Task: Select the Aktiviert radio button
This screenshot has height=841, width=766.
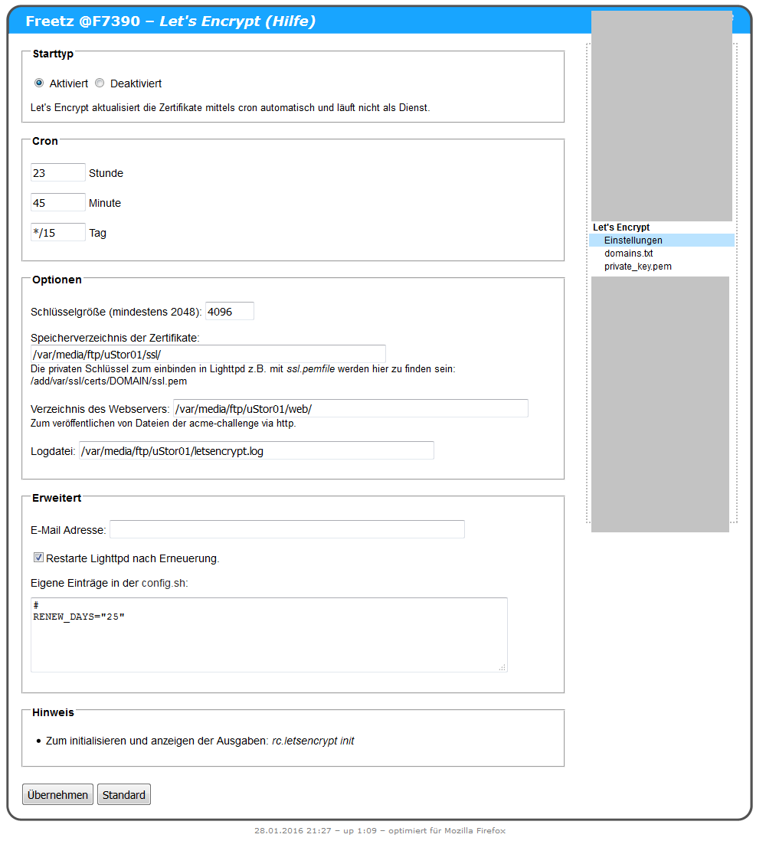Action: pyautogui.click(x=39, y=83)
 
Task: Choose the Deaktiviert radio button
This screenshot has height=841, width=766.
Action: pyautogui.click(x=100, y=83)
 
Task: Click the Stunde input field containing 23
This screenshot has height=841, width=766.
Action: pyautogui.click(x=57, y=172)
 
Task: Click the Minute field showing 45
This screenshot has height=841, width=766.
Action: pyautogui.click(x=57, y=202)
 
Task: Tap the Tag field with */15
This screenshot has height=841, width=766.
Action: pyautogui.click(x=57, y=232)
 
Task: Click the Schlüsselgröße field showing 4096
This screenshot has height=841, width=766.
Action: pyautogui.click(x=229, y=311)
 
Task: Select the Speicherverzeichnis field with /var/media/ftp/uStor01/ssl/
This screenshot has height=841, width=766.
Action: pyautogui.click(x=208, y=354)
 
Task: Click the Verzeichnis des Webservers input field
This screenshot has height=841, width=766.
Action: pyautogui.click(x=350, y=408)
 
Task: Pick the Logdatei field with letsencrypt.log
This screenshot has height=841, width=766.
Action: pyautogui.click(x=256, y=450)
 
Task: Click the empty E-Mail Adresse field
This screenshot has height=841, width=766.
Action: pyautogui.click(x=286, y=529)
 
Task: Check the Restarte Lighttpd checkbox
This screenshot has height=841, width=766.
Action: pyautogui.click(x=38, y=558)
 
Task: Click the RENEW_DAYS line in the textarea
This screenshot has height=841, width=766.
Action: pyautogui.click(x=79, y=617)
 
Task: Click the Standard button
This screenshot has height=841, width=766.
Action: pyautogui.click(x=124, y=795)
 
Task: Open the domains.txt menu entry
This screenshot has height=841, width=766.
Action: pyautogui.click(x=628, y=254)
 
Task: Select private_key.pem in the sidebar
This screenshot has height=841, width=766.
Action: pyautogui.click(x=637, y=267)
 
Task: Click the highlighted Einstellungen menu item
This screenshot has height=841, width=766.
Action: pyautogui.click(x=633, y=241)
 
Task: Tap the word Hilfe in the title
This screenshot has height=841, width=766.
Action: pyautogui.click(x=290, y=21)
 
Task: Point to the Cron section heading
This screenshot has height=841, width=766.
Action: pyautogui.click(x=45, y=141)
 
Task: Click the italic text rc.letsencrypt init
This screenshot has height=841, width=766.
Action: pyautogui.click(x=313, y=741)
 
